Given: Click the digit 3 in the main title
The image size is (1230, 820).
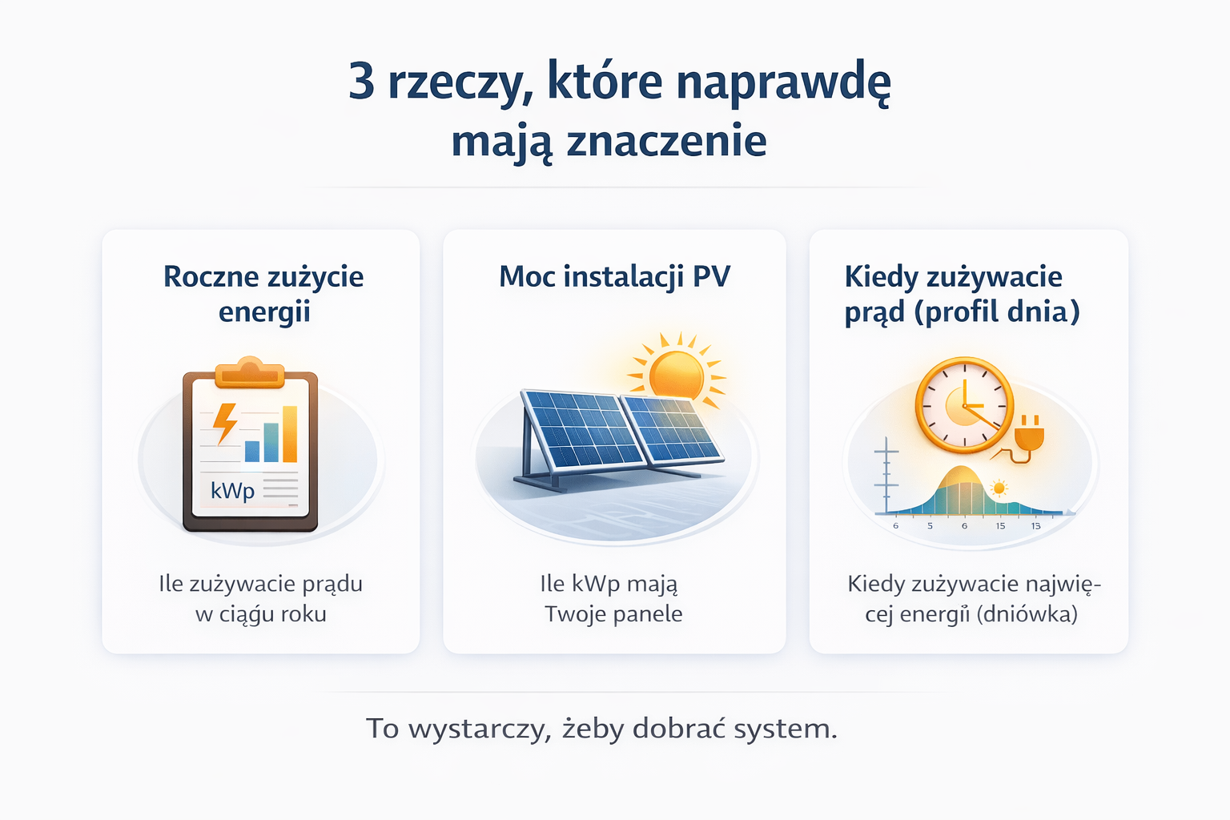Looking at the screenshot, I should (x=362, y=82).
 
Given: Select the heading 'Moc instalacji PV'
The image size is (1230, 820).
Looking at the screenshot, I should (x=614, y=277).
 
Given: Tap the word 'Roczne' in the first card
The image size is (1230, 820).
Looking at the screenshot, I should (x=211, y=277).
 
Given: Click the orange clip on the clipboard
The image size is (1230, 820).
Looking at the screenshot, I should (x=250, y=373).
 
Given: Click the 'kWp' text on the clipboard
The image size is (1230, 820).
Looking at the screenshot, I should (x=232, y=490).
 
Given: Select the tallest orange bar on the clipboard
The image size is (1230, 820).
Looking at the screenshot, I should (x=290, y=434).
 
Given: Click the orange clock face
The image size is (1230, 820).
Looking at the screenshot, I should (x=964, y=405).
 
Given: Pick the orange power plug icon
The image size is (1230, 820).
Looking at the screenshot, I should (x=1029, y=436).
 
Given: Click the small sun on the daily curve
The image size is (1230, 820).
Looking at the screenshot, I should (x=999, y=488).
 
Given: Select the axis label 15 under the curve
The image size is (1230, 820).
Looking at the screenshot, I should (x=1000, y=526).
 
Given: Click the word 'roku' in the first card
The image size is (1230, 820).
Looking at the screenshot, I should (x=303, y=614).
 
